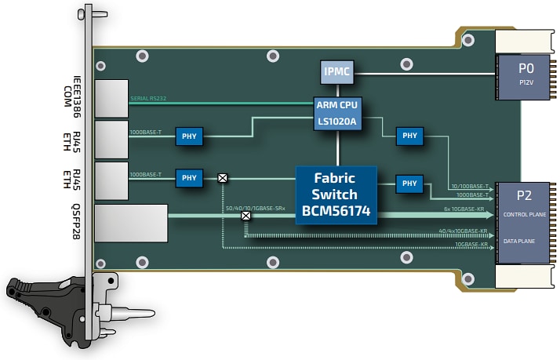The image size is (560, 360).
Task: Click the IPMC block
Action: pyautogui.click(x=336, y=73)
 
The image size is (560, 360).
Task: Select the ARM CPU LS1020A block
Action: pyautogui.click(x=336, y=112)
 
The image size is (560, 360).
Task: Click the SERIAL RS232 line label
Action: pyautogui.click(x=150, y=98)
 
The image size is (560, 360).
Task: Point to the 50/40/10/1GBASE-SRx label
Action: pyautogui.click(x=252, y=208)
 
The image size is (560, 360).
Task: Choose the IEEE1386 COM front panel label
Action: pyautogui.click(x=73, y=93)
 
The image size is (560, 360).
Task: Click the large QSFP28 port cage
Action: pyautogui.click(x=131, y=223)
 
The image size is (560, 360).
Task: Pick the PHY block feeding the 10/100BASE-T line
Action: pyautogui.click(x=409, y=136)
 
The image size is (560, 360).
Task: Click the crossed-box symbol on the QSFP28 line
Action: pyautogui.click(x=245, y=216)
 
